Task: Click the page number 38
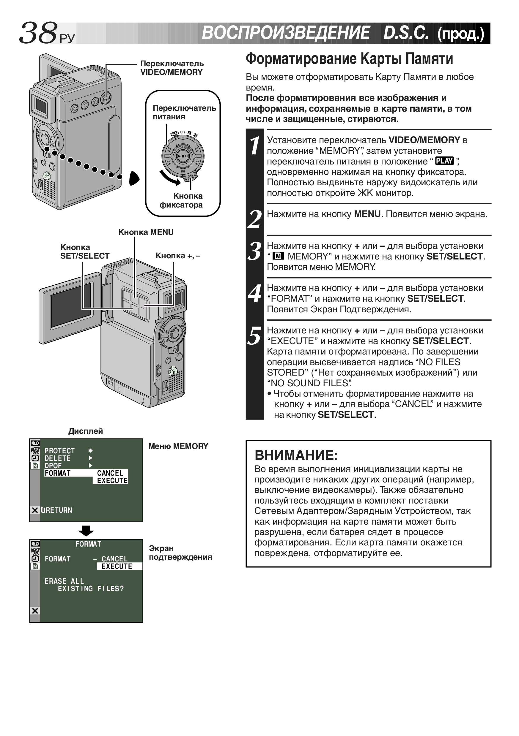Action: pos(38,33)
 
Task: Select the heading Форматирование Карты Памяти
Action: pos(349,59)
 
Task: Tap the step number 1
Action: pos(254,145)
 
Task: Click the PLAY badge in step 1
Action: pos(444,161)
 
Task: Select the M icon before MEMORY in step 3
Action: pos(278,256)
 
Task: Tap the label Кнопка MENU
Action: pos(146,232)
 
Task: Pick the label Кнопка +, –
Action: pos(178,256)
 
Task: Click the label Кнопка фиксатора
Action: pos(181,200)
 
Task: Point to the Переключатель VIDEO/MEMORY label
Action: pos(172,68)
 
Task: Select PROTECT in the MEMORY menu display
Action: pos(59,451)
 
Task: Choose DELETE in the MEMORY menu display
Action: pos(57,458)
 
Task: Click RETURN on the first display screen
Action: pos(56,510)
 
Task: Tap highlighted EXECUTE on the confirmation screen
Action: pos(117,566)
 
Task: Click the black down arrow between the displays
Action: pos(86,531)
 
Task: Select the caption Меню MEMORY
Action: pos(178,446)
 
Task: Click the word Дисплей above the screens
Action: pos(85,431)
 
